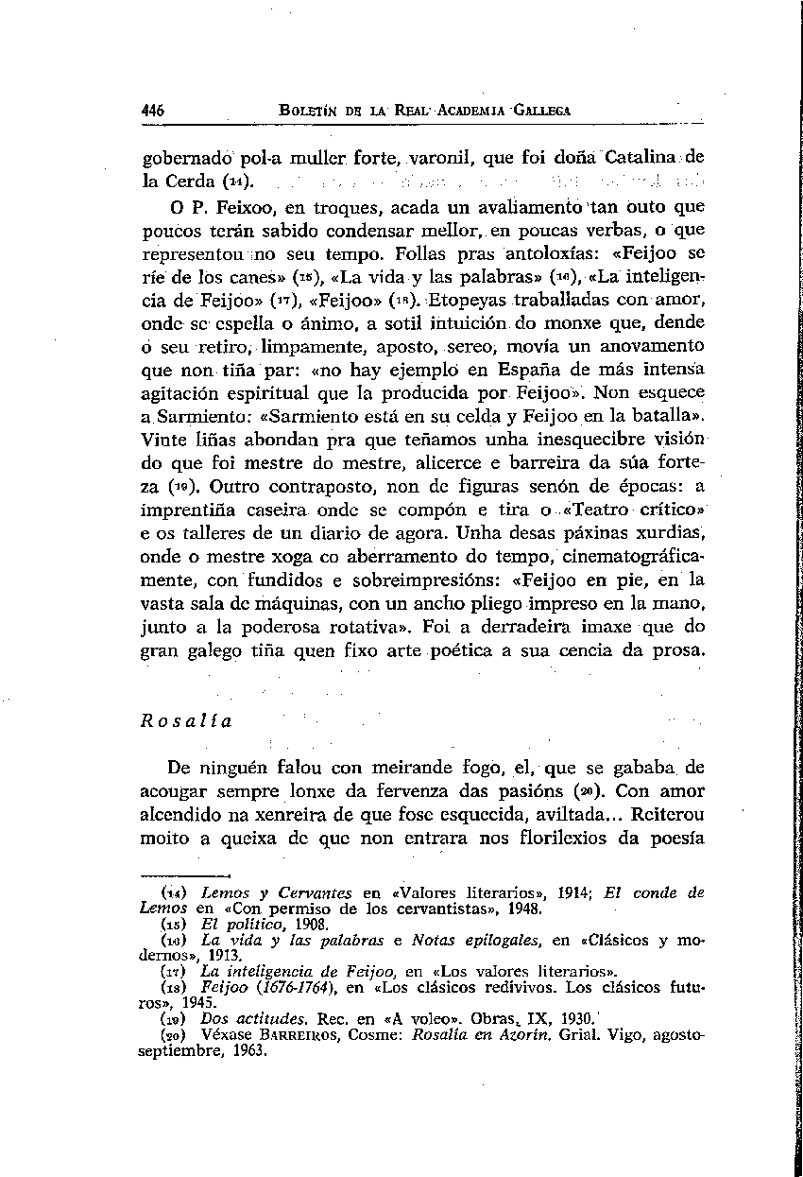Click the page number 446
pos(152,111)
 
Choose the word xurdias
pos(671,532)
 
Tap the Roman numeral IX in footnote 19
pos(535,1019)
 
